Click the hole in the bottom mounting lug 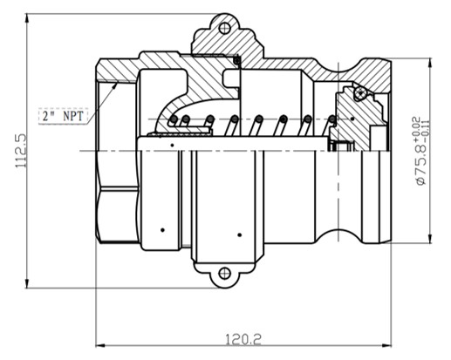pyautogui.click(x=224, y=274)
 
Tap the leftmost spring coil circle pyautogui.click(x=173, y=119)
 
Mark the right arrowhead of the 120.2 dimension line pyautogui.click(x=389, y=343)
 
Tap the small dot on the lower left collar pyautogui.click(x=162, y=230)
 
